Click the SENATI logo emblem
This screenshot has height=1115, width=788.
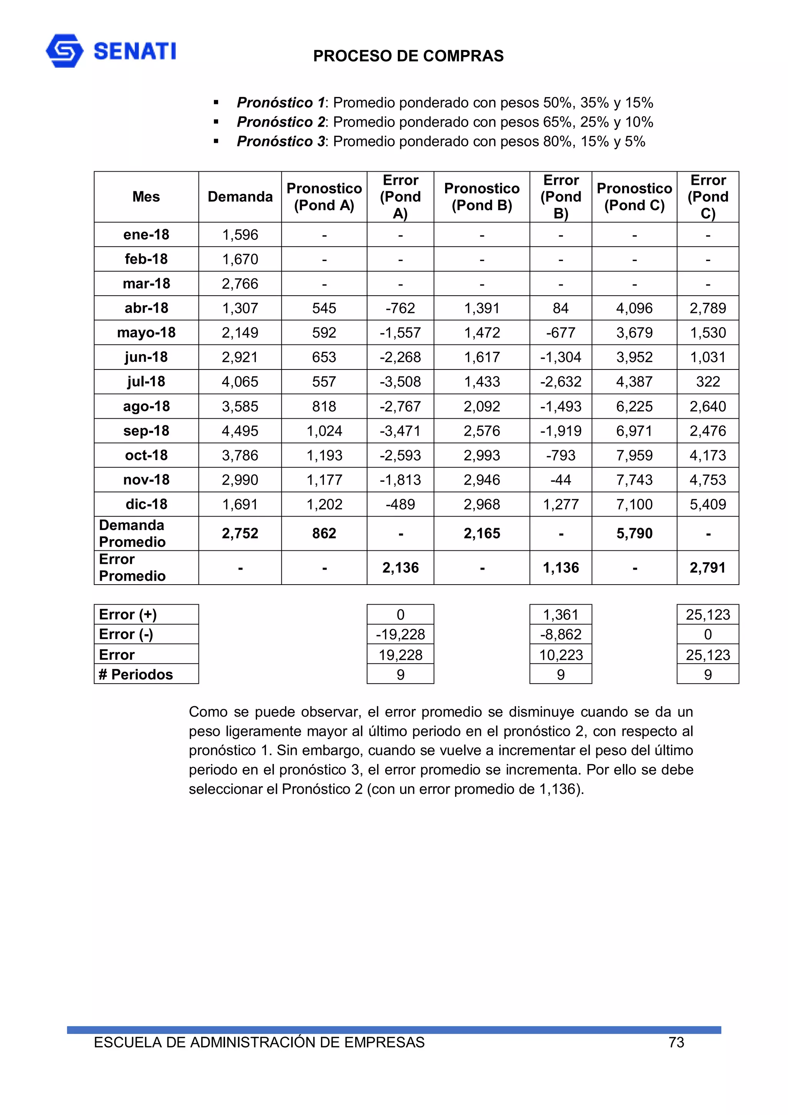pos(65,50)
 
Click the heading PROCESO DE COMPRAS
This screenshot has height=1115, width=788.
pos(408,56)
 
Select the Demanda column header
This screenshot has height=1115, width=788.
pos(240,197)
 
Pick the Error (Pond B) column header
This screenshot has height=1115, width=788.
pos(560,197)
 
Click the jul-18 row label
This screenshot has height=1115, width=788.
pos(146,382)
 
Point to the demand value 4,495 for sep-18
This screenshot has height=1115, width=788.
pos(240,431)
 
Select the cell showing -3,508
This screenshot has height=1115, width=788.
pos(400,382)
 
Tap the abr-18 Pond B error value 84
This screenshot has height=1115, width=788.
pos(560,308)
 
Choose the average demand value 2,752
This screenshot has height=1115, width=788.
pos(240,533)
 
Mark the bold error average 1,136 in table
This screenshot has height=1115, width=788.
pos(560,568)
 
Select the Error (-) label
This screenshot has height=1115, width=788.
pos(126,634)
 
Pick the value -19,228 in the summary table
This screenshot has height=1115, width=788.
pos(400,634)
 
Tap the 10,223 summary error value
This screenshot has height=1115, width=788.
pos(560,655)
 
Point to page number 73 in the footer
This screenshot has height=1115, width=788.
pos(676,1042)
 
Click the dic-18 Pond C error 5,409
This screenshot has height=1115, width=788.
pos(708,504)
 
